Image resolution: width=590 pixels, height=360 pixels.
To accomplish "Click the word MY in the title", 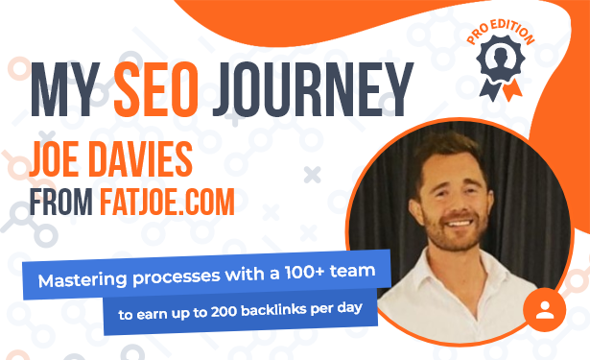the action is pos(65,89).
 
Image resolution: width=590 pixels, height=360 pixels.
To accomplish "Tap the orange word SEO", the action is pos(156,89).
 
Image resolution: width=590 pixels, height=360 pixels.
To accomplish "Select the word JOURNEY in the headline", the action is pos(313,89).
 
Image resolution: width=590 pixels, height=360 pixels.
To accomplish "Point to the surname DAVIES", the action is pos(140,159).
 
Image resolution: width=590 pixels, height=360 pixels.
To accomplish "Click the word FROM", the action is pos(61,202).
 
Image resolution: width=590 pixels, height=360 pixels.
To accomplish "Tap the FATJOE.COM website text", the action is pos(168,202).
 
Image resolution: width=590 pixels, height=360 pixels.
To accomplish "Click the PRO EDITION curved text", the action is pos(501,32).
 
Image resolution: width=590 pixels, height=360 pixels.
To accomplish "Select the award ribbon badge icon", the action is pos(501,68).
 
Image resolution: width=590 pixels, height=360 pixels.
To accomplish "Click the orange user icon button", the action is pos(545,309).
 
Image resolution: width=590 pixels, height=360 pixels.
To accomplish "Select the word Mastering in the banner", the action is pos(83,280).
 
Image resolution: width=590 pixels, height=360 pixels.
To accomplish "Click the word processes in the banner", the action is pos(177,277).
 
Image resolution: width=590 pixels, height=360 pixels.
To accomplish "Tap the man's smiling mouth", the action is pos(460,223).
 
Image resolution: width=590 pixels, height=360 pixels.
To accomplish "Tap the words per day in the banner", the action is pos(337,309).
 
